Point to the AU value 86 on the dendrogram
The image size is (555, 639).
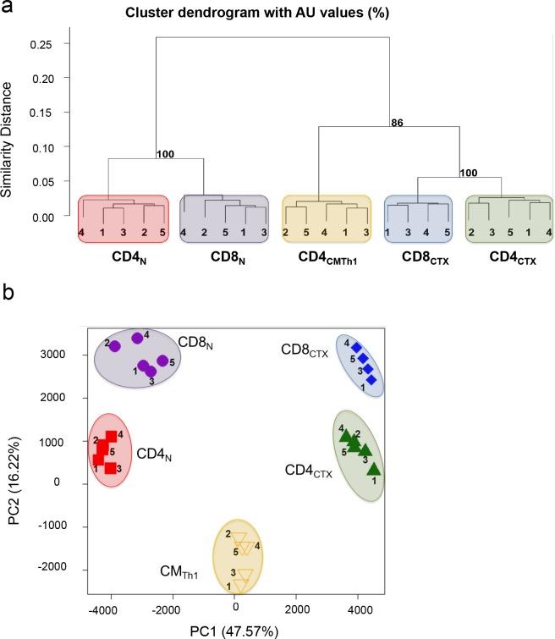(397, 122)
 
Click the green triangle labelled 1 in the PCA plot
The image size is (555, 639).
(373, 468)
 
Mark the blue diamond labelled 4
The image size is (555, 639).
(356, 347)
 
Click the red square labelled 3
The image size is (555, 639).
(110, 467)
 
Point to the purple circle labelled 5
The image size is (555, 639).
(162, 361)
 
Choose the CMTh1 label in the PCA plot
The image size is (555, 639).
(181, 572)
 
